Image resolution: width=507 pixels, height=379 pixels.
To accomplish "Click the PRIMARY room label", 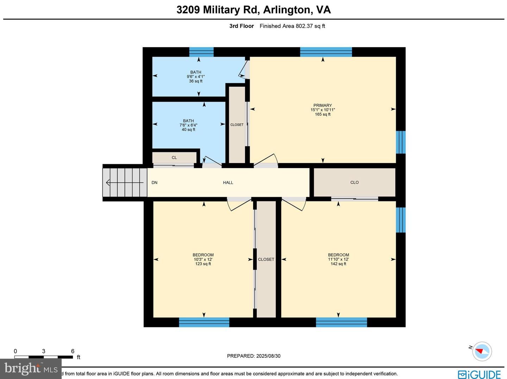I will click(x=323, y=105).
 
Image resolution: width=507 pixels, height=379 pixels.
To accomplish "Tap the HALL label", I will click(x=228, y=182).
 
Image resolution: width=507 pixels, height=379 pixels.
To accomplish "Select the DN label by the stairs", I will click(x=155, y=182).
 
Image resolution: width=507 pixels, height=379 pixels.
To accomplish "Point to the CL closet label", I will click(x=174, y=158).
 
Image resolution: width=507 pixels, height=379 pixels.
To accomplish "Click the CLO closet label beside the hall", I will click(x=355, y=182).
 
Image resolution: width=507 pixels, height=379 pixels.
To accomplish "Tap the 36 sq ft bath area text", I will click(x=196, y=81).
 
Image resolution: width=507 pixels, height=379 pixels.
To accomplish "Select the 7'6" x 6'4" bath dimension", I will click(x=188, y=125).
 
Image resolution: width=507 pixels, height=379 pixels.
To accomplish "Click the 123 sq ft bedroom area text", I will click(x=203, y=264).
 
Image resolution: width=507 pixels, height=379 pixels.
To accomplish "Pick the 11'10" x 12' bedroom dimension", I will click(x=338, y=259).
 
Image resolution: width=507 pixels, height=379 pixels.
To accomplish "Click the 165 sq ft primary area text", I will click(x=323, y=114).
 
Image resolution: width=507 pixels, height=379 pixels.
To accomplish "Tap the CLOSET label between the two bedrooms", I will click(x=266, y=259).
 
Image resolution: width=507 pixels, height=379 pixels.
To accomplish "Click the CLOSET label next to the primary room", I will click(x=237, y=125).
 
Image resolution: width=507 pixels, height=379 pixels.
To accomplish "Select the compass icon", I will click(x=482, y=351).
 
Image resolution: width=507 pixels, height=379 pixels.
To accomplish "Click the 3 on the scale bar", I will click(x=44, y=351).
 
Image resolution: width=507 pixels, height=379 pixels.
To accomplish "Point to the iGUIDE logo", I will click(x=479, y=374).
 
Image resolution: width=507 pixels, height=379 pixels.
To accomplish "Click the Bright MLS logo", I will click(x=31, y=368).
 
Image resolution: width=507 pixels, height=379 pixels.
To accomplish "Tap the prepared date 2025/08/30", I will click(x=268, y=356).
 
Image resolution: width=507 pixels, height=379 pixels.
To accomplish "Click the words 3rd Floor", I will click(x=242, y=26).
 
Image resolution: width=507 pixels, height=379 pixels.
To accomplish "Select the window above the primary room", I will click(x=326, y=52).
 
